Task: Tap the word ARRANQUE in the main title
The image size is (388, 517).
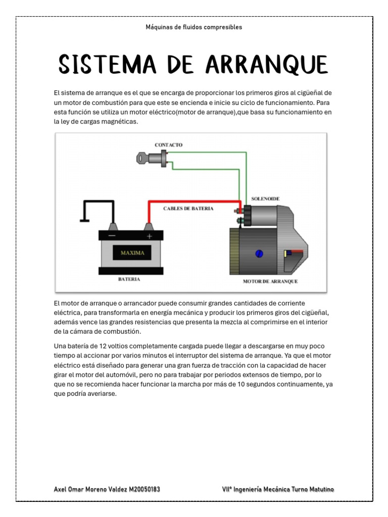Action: coord(267,64)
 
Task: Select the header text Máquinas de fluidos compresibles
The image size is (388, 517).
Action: coord(194,27)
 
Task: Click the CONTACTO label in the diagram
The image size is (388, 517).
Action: coord(168,145)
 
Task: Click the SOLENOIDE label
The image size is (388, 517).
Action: coord(265,199)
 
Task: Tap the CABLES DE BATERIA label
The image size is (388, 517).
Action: coord(188,209)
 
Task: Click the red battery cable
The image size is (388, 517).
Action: coord(192,202)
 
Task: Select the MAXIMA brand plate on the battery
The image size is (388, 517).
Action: coord(132,252)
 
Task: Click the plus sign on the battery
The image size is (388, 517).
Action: coord(149,236)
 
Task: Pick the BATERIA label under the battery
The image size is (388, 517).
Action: coord(129,279)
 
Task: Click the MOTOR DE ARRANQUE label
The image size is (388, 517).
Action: coord(270,281)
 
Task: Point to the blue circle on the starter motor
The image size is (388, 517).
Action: coord(260,253)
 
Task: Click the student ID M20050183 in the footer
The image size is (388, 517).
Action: coord(144,489)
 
